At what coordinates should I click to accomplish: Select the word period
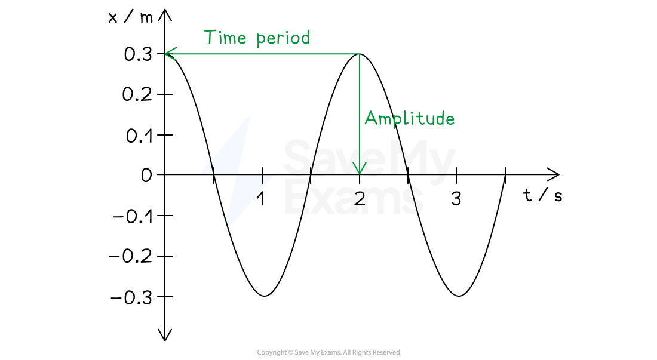[x=283, y=39]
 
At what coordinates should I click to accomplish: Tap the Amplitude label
[x=409, y=119]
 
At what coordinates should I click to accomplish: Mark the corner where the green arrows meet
[x=359, y=54]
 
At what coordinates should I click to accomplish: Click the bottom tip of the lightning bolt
[x=225, y=230]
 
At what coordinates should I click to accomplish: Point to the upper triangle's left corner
[x=202, y=173]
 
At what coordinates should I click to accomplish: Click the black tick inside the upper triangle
[x=211, y=166]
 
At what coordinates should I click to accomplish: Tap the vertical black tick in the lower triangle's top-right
[x=262, y=178]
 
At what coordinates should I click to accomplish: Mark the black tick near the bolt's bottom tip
[x=226, y=225]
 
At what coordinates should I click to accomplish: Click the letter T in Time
[x=210, y=37]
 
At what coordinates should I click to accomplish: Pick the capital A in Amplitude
[x=370, y=118]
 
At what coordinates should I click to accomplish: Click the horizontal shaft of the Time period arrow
[x=263, y=54]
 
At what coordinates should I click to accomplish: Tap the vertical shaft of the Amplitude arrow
[x=359, y=107]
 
